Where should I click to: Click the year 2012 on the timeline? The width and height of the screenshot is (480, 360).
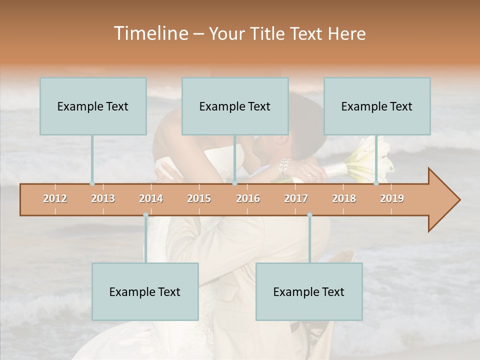pos(55,198)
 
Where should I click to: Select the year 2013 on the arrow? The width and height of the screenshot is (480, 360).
pos(103,198)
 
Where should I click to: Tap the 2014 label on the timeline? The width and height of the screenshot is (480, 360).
pos(151,198)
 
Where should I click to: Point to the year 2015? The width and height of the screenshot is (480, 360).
pos(199,198)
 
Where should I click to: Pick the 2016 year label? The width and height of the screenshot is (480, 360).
pos(248,198)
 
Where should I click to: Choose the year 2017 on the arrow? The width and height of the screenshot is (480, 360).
pos(296,198)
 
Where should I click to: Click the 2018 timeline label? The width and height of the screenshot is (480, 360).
pos(344,198)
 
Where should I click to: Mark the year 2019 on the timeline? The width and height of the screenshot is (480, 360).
pos(392,198)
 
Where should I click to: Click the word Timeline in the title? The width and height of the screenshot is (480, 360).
pos(150,33)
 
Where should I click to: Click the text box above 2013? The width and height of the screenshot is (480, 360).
pos(93,106)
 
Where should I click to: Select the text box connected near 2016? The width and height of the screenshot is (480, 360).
pos(235,106)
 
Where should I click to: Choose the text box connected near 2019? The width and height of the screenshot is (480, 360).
pos(377,106)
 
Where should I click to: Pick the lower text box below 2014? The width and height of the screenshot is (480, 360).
pos(145,291)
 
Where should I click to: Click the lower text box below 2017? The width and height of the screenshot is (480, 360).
pos(309,291)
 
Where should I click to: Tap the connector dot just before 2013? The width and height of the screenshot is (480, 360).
pos(92,183)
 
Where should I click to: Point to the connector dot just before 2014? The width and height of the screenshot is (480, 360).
pos(145,215)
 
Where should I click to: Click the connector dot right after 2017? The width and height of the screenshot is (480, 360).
pos(309,215)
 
